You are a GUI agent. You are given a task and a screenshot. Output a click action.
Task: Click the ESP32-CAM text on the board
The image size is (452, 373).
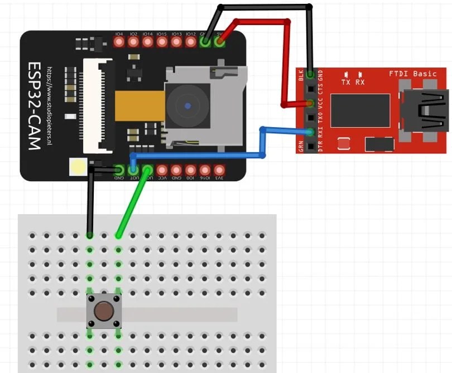[x=34, y=105]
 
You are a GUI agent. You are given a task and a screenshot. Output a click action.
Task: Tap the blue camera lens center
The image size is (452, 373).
[x=188, y=105]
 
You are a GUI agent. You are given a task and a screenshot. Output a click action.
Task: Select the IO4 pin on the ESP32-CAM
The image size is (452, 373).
[x=119, y=42]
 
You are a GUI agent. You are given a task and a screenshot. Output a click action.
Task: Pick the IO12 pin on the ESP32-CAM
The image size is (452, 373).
[x=191, y=42]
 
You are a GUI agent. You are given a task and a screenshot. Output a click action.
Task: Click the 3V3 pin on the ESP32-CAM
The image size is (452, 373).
[x=219, y=169]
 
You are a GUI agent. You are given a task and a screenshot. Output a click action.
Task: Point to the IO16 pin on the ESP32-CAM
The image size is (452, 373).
[x=205, y=169]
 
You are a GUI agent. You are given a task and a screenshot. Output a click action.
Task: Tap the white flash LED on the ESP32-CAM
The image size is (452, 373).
[x=78, y=167]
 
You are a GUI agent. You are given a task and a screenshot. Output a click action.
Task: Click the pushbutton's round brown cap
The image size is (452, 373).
[x=103, y=311]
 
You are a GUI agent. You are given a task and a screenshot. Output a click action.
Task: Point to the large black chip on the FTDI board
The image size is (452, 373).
[x=359, y=110]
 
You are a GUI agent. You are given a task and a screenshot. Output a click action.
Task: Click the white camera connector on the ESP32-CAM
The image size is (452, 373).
[x=98, y=106]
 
